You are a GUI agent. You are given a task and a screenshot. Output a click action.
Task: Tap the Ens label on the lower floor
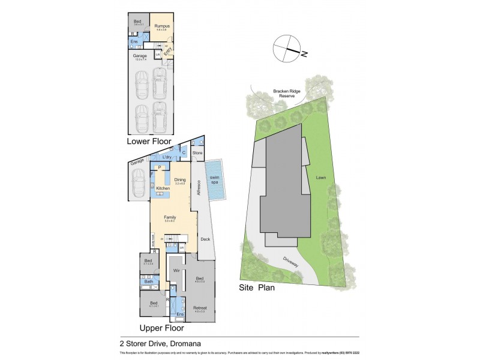tap(134, 41)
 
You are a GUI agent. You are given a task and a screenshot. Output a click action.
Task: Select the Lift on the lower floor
tap(158, 55)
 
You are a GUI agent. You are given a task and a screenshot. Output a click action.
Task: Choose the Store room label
tap(197, 153)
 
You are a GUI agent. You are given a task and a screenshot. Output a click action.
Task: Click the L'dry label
tap(167, 157)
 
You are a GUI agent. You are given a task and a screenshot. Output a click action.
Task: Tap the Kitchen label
tap(163, 189)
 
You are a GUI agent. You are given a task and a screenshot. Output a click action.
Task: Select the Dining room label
tap(180, 179)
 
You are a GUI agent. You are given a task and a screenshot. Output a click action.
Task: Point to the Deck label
tap(205, 238)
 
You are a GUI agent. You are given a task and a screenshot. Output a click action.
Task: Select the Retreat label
tap(200, 308)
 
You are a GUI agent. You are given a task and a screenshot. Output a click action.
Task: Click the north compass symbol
tap(287, 48)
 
